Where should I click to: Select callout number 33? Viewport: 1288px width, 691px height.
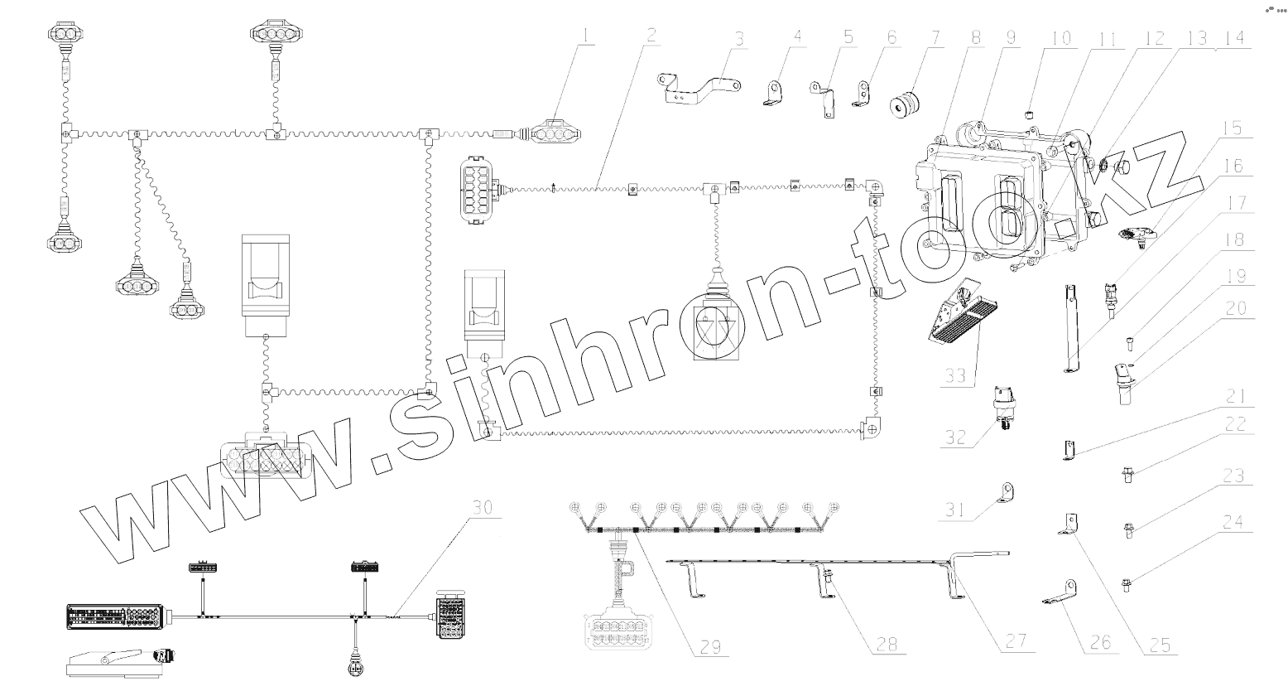tap(956, 374)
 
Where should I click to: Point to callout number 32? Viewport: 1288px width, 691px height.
tap(956, 437)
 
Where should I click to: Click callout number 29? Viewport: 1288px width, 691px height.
tap(710, 646)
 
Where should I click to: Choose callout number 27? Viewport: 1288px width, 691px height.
tap(1016, 640)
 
